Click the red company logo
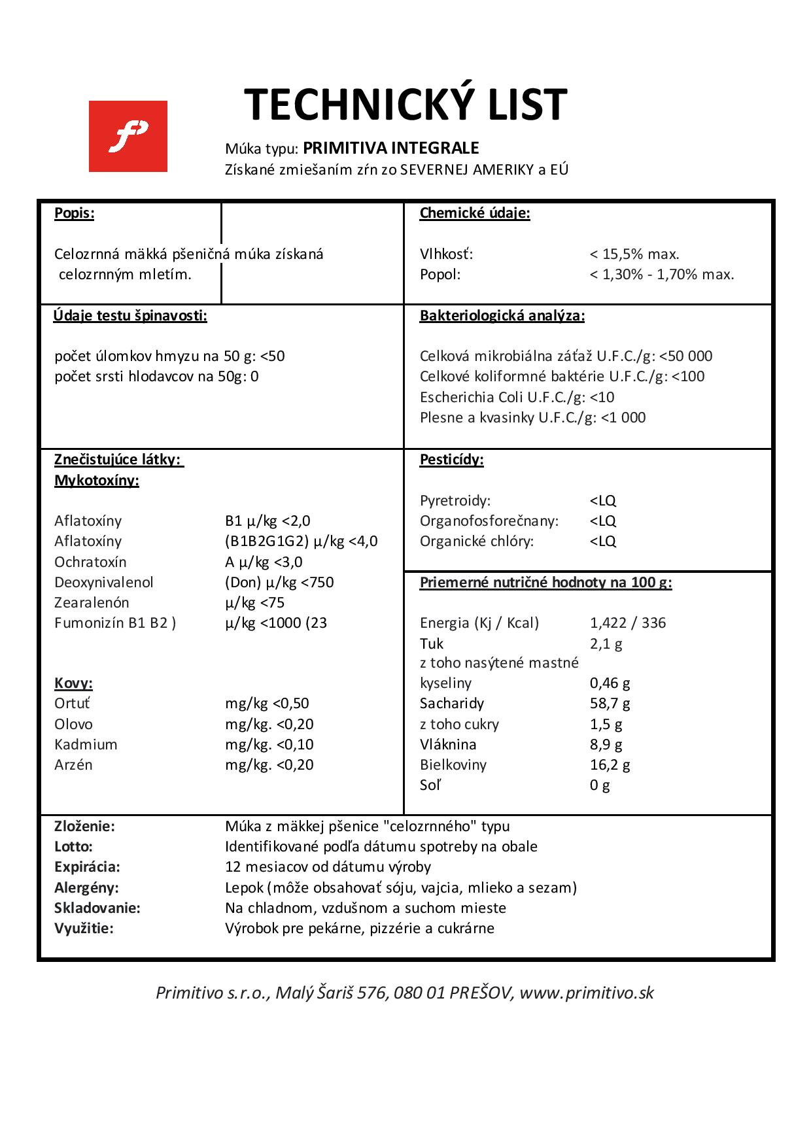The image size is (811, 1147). (x=128, y=136)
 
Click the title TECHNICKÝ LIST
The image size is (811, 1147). (x=405, y=105)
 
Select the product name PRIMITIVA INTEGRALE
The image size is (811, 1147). (x=390, y=148)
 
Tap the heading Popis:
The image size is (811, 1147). (x=74, y=213)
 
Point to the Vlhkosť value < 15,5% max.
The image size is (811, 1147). (x=634, y=254)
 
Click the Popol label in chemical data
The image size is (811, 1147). (x=440, y=275)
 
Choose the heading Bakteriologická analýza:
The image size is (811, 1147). (x=502, y=316)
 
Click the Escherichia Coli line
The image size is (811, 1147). (x=517, y=397)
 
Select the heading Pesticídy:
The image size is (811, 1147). (x=451, y=460)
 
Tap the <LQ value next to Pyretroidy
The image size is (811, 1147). (x=602, y=501)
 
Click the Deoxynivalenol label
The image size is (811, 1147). (x=104, y=582)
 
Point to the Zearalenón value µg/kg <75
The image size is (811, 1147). (x=254, y=602)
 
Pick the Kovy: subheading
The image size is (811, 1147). (x=73, y=683)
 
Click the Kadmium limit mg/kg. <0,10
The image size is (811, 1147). (x=269, y=744)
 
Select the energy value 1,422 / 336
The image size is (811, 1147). (x=627, y=623)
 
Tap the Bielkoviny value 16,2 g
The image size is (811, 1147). (x=610, y=764)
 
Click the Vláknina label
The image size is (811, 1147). (x=448, y=744)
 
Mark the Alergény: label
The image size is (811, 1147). (x=86, y=887)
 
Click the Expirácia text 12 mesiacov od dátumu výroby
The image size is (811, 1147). (x=328, y=867)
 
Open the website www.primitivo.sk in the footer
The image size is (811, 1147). (x=587, y=993)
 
